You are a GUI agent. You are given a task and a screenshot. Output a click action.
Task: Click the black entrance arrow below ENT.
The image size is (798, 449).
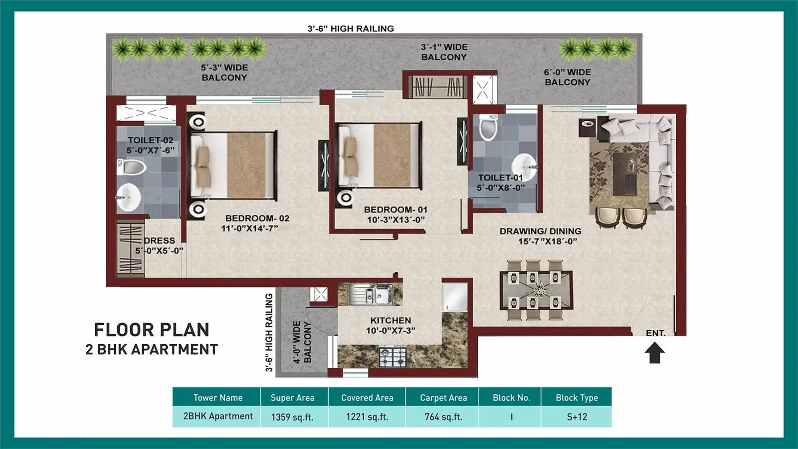pyautogui.click(x=654, y=354)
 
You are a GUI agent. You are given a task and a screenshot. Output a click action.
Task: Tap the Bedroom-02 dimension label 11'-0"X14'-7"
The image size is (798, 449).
pyautogui.click(x=249, y=228)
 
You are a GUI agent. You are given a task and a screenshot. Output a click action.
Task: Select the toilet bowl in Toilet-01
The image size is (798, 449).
pyautogui.click(x=488, y=128)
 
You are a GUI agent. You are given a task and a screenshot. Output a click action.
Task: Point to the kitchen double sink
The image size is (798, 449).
pyautogui.click(x=370, y=293)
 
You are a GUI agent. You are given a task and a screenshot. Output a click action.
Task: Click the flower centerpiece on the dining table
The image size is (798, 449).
pyautogui.click(x=540, y=289)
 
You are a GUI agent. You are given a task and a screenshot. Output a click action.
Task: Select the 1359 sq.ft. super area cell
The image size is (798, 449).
pyautogui.click(x=292, y=417)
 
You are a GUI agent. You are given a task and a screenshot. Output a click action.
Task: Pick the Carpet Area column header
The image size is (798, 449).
pyautogui.click(x=443, y=398)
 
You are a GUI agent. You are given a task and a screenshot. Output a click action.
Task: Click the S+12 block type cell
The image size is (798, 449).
pyautogui.click(x=577, y=417)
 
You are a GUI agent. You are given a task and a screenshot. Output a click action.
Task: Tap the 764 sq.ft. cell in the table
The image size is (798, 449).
pyautogui.click(x=443, y=417)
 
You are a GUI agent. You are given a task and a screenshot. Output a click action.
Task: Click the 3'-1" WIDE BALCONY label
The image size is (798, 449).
pyautogui.click(x=444, y=52)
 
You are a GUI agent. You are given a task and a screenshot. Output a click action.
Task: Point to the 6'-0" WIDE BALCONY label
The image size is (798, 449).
pyautogui.click(x=567, y=77)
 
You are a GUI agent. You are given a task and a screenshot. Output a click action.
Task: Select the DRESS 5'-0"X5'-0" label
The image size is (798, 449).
pyautogui.click(x=159, y=245)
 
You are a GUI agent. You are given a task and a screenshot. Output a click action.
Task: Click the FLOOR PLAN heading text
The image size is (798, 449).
pyautogui.click(x=152, y=330)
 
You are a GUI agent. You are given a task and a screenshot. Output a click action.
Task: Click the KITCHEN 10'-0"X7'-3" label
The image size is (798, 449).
pyautogui.click(x=391, y=325)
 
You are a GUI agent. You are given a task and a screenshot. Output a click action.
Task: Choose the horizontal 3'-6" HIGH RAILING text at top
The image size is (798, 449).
pyautogui.click(x=351, y=29)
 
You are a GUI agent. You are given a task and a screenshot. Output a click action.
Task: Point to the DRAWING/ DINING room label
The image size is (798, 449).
pyautogui.click(x=540, y=231)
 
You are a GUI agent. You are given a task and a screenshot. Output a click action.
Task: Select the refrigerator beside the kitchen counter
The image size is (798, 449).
pyautogui.click(x=454, y=297)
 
